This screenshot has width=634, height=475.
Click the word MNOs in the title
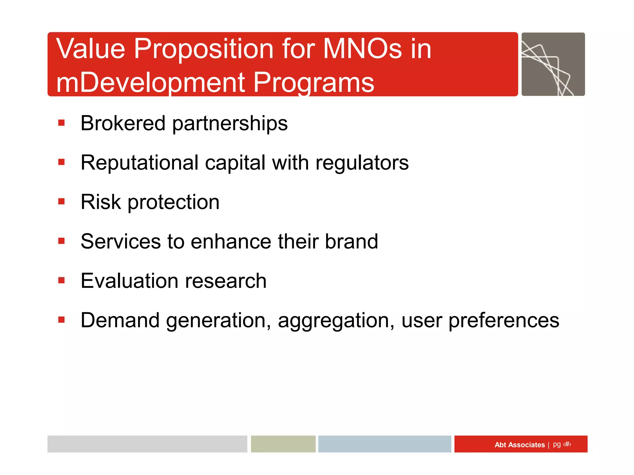(x=362, y=49)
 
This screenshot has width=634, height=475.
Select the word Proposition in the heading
(x=203, y=49)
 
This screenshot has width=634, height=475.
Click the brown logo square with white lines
(x=553, y=64)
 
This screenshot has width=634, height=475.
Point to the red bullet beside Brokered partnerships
(x=61, y=123)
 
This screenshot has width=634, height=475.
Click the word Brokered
(x=123, y=123)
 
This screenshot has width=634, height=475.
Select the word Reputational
(x=139, y=163)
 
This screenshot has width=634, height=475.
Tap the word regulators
(x=362, y=163)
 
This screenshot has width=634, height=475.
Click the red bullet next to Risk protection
(x=61, y=202)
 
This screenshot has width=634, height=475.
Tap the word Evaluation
(x=130, y=281)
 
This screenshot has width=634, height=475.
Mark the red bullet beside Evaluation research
(x=61, y=280)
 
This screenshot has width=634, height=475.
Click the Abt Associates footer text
(x=519, y=445)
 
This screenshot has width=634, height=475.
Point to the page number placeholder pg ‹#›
(x=562, y=444)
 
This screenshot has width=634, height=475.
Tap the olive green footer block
(x=283, y=444)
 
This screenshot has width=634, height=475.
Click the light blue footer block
(x=384, y=444)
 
